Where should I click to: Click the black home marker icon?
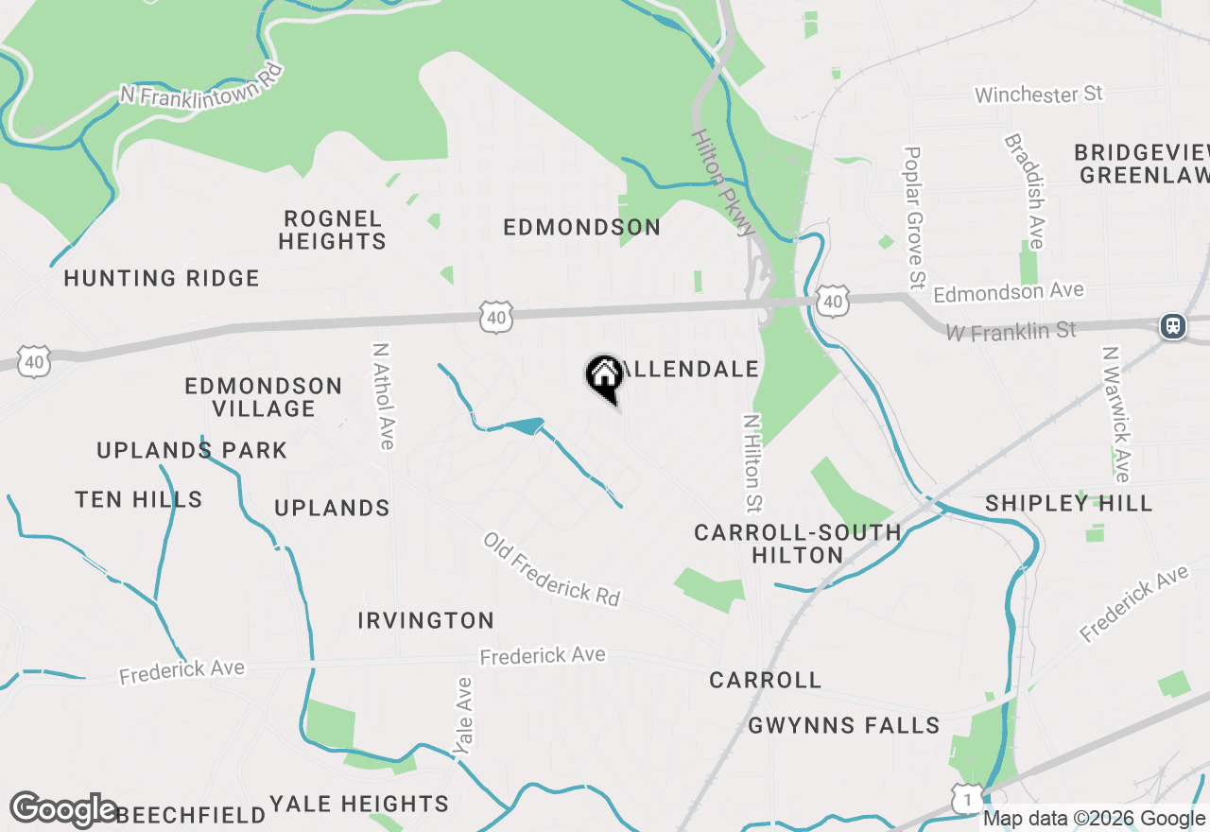pos(604,375)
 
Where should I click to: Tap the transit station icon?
pos(1172,326)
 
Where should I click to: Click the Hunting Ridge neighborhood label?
pos(162,278)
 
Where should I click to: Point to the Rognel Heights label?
pos(332,230)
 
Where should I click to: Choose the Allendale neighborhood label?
pos(690,369)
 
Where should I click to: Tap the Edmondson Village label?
pos(264,397)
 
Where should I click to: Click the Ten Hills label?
pos(139,499)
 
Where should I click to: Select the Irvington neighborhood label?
pos(426,620)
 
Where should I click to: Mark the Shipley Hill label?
pos(1069,503)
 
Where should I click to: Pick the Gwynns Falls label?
pos(844,725)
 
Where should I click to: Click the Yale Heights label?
pos(359,804)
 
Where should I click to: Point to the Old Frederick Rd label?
pos(551,568)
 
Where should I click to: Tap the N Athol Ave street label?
pos(383,396)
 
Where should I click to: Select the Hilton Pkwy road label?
pos(723,182)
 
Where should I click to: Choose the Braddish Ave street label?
pos(1025,190)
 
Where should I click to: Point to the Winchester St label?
pos(1039,95)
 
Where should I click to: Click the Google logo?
pos(63,810)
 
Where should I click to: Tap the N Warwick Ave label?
pos(1116,414)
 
